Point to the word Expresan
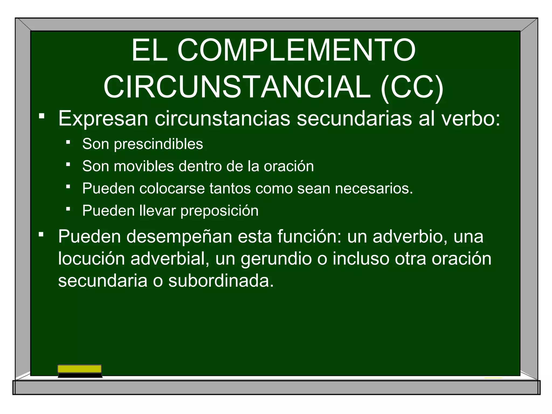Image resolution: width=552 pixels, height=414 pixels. (103, 119)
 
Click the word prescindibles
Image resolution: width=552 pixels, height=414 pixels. (158, 144)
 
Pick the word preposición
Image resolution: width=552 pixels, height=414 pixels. (219, 211)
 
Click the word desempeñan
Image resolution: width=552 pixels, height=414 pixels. (179, 237)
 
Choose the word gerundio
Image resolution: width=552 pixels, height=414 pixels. (276, 259)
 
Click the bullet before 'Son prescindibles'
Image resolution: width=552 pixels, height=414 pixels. (68, 142)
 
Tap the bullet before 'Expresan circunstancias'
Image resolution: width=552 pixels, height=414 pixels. (42, 116)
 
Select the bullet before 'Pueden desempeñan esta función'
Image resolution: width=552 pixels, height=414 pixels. (41, 234)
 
